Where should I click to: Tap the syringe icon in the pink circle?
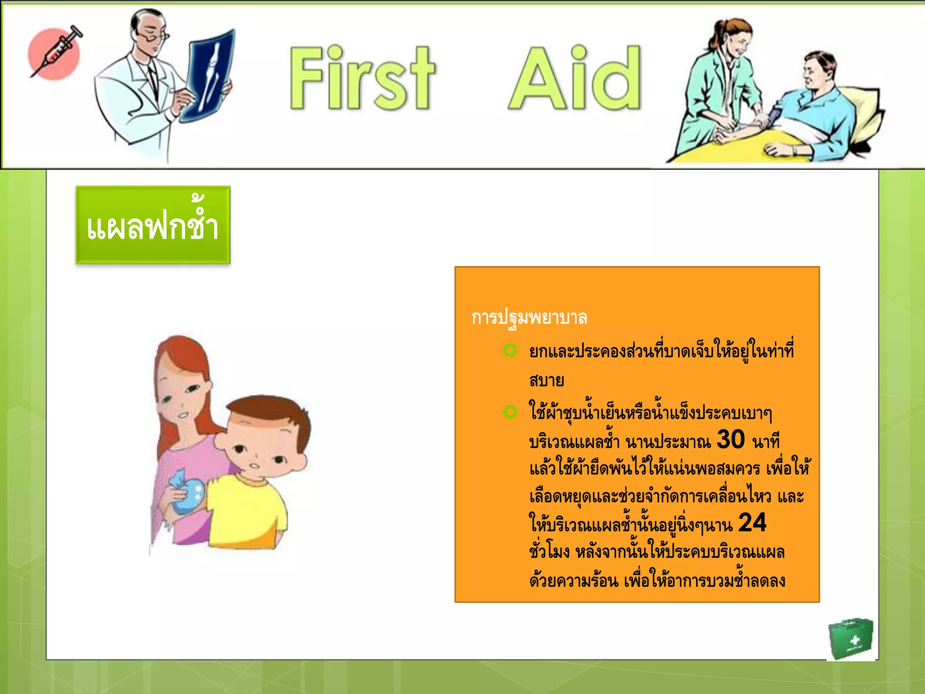(55, 53)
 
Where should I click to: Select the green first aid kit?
(850, 638)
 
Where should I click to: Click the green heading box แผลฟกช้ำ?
(153, 225)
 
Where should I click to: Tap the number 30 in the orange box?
(730, 439)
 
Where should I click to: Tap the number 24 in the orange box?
(752, 523)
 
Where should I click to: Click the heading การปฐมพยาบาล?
(529, 318)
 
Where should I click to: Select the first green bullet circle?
(510, 351)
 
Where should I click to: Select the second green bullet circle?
(510, 412)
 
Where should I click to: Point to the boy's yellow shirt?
(246, 508)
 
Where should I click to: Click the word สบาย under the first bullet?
(547, 380)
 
